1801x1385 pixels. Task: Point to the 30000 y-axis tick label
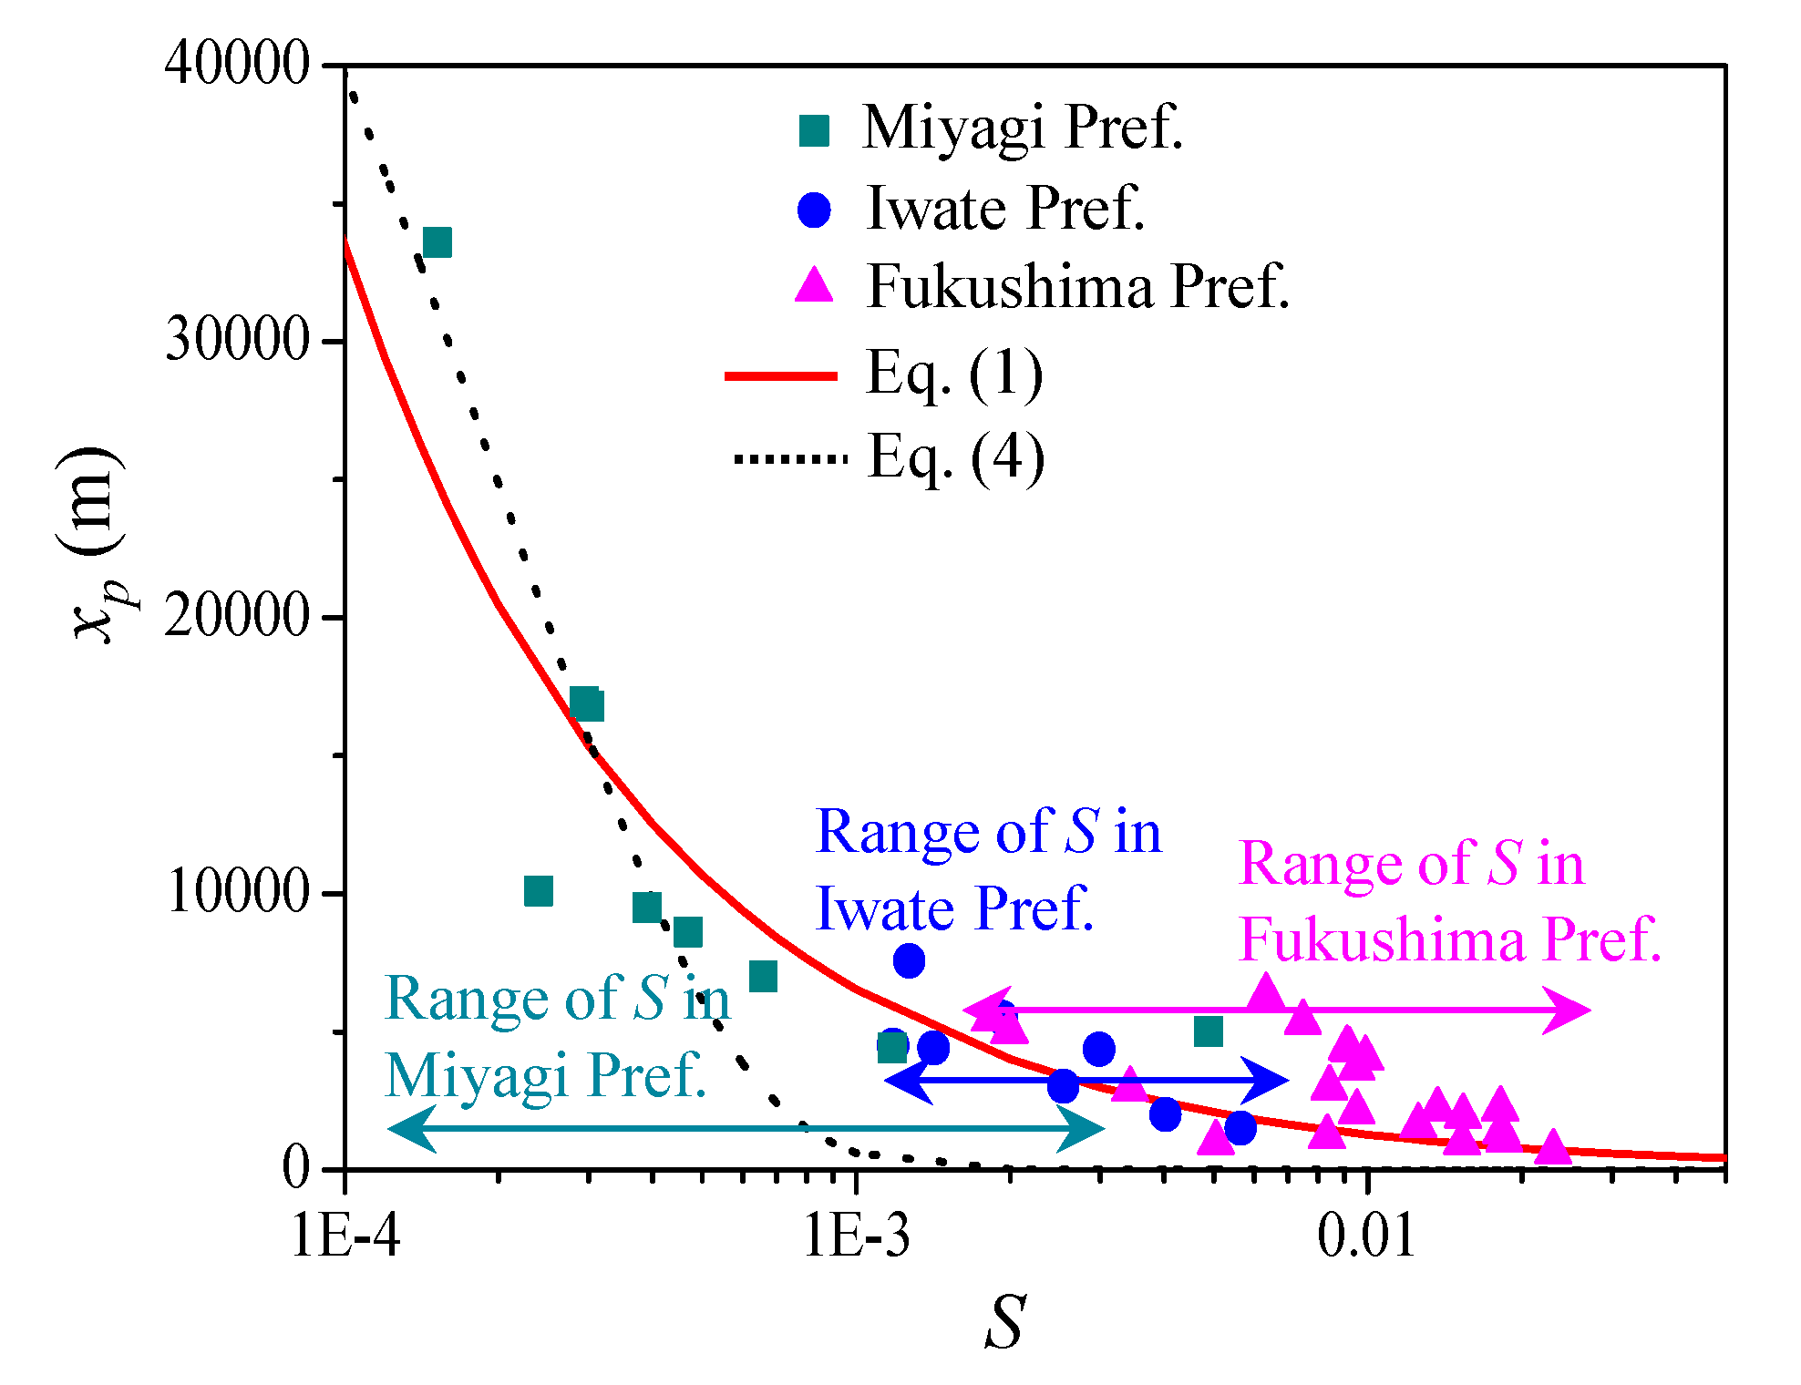click(x=238, y=341)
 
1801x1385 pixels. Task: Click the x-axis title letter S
click(x=1005, y=1322)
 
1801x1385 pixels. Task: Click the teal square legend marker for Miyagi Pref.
click(x=814, y=130)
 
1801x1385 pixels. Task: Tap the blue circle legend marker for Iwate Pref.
click(x=814, y=210)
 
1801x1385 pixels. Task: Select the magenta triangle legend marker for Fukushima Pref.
click(x=814, y=286)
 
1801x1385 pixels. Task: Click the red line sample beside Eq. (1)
click(x=781, y=375)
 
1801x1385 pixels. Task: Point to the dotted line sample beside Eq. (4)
click(x=790, y=458)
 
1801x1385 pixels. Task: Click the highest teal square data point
click(x=437, y=243)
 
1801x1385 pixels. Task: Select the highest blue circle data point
click(x=909, y=959)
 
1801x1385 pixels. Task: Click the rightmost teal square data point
click(x=1208, y=1031)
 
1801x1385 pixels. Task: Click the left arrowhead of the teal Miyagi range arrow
click(x=406, y=1128)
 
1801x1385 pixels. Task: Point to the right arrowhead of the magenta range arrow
click(x=1572, y=1010)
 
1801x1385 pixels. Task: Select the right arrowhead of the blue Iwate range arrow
click(x=1271, y=1081)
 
